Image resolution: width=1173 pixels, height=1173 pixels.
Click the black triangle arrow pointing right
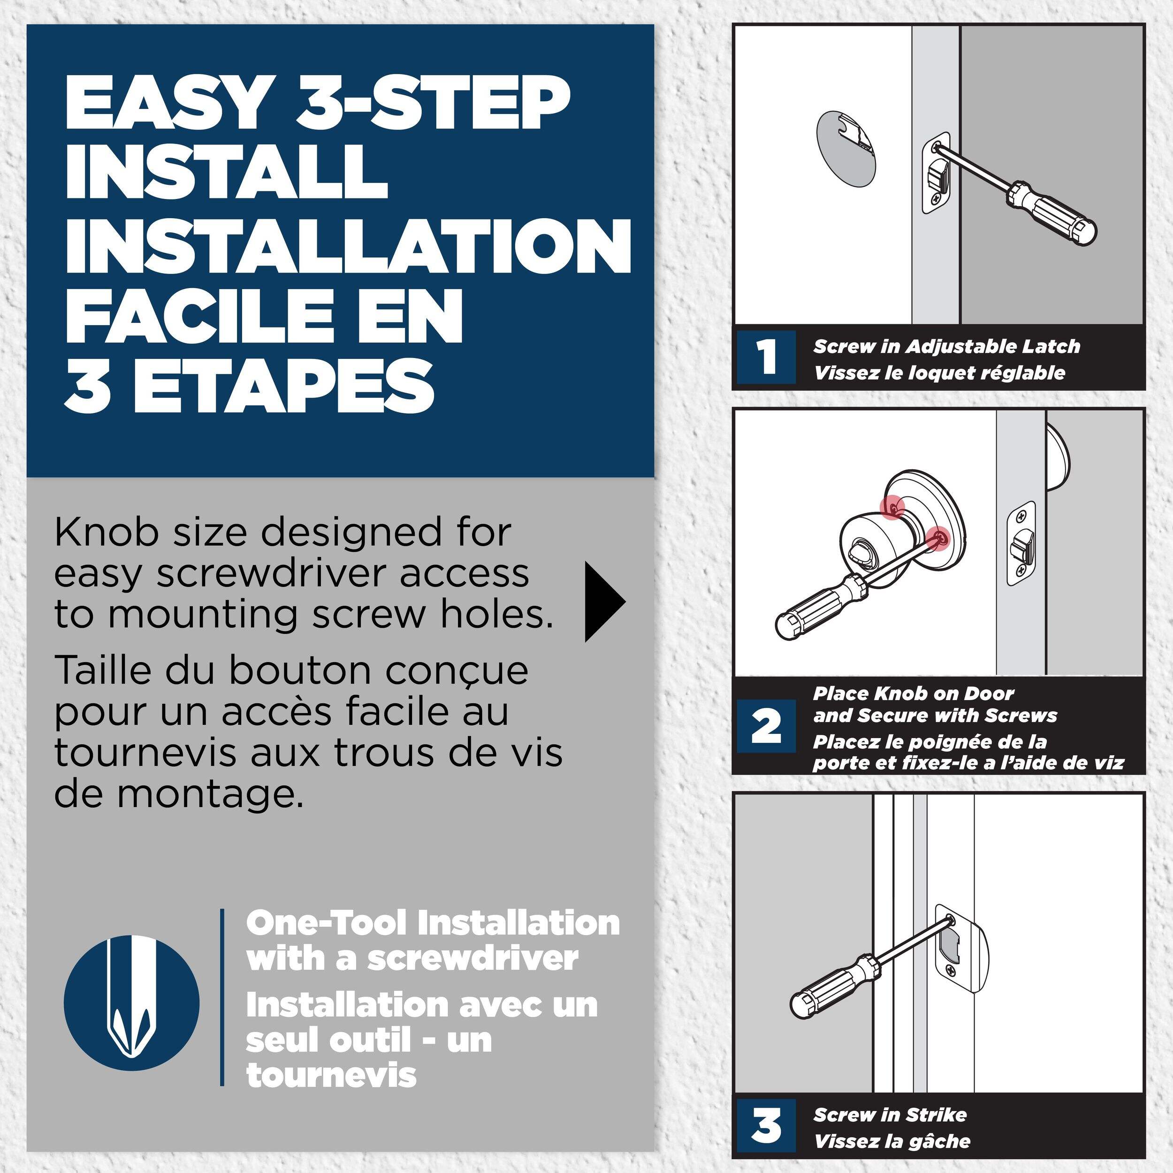coord(603,602)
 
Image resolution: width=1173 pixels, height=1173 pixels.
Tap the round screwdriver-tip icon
coord(131,1002)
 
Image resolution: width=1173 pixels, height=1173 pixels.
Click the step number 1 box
coord(767,357)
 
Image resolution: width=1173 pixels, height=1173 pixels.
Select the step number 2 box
coord(767,726)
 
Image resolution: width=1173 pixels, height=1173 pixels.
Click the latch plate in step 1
coord(936,173)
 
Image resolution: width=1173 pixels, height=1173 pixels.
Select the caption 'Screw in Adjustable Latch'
coord(946,347)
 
